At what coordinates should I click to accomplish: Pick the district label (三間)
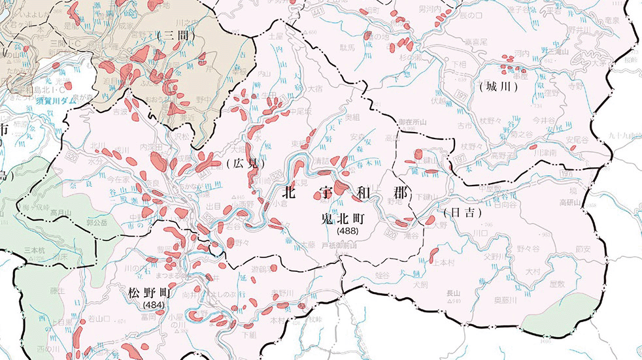pyautogui.click(x=176, y=34)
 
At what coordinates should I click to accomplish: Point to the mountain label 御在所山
pyautogui.click(x=412, y=122)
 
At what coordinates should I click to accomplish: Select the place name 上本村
pyautogui.click(x=443, y=263)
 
